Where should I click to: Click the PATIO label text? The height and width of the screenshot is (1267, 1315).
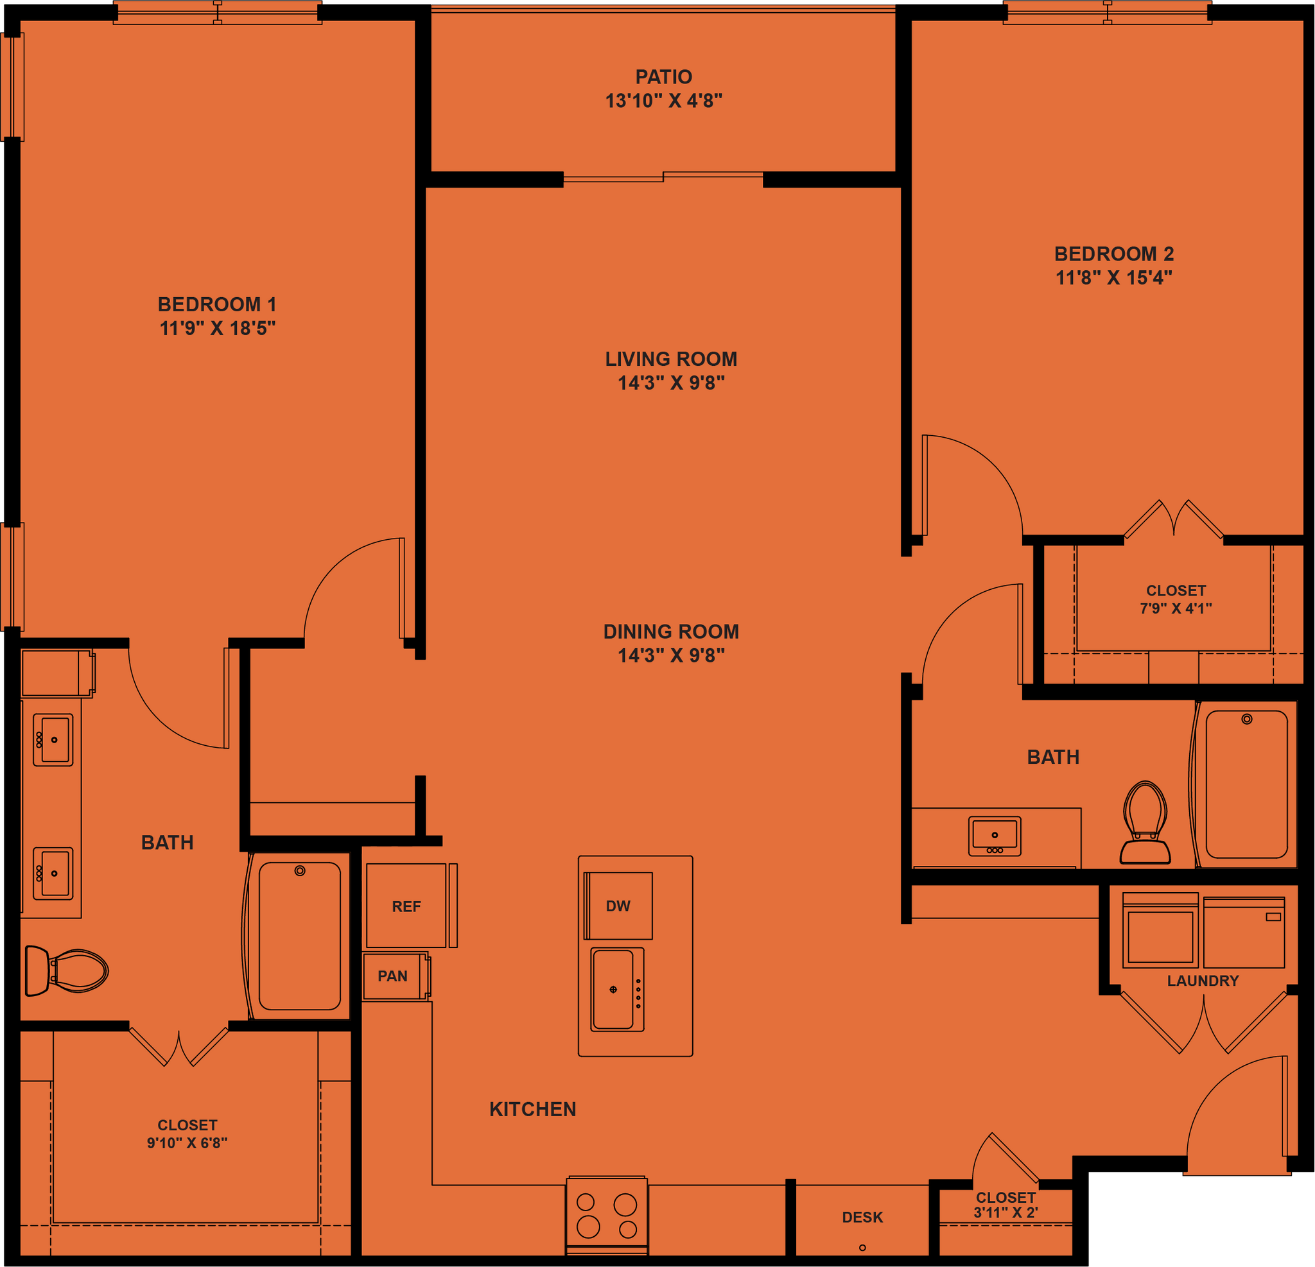[663, 77]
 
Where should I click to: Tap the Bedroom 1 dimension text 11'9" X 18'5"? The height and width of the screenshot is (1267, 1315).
[218, 328]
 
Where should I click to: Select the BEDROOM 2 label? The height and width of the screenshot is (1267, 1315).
[1114, 254]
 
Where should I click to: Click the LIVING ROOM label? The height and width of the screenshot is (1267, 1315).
[671, 359]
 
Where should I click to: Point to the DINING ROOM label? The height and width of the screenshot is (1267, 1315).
[671, 631]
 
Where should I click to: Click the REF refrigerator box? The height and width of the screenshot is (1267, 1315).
[406, 906]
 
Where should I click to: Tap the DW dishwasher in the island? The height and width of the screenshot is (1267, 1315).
[618, 906]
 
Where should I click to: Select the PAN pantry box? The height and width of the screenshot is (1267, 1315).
[393, 976]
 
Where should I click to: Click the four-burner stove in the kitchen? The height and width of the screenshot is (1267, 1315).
[607, 1216]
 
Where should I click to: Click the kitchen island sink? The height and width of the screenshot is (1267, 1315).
[613, 989]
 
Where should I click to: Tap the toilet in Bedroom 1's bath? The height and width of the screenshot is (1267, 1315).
[67, 970]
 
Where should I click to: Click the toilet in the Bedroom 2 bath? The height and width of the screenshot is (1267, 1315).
[1145, 822]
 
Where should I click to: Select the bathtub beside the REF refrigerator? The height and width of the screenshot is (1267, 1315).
[300, 936]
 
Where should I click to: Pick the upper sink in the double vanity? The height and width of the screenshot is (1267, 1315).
[54, 739]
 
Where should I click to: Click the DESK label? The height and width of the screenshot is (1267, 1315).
[862, 1217]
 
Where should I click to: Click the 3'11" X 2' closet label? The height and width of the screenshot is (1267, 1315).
[1006, 1212]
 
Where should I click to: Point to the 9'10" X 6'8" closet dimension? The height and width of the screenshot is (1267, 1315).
[187, 1143]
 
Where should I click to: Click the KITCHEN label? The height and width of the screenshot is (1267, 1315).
[533, 1109]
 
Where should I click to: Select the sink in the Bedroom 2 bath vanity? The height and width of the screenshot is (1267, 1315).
[995, 836]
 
